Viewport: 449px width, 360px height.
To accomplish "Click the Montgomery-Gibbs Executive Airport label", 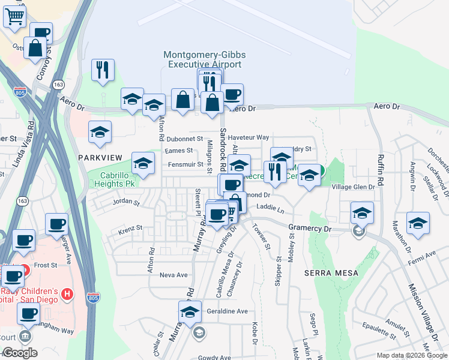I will coord(204,59).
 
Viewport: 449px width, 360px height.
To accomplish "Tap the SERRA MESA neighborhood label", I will coord(331,273).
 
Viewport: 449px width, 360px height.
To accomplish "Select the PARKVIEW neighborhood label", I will coord(100,157).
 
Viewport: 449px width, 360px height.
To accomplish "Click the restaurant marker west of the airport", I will coord(103,70).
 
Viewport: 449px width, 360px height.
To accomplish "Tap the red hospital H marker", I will coord(68,294).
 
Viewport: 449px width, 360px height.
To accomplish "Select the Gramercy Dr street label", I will coord(310,229).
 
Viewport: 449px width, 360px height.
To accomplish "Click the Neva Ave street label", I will coord(173,275).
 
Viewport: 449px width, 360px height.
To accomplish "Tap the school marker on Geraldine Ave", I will coord(190,313).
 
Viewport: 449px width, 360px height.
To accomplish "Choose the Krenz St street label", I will coord(130,228).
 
